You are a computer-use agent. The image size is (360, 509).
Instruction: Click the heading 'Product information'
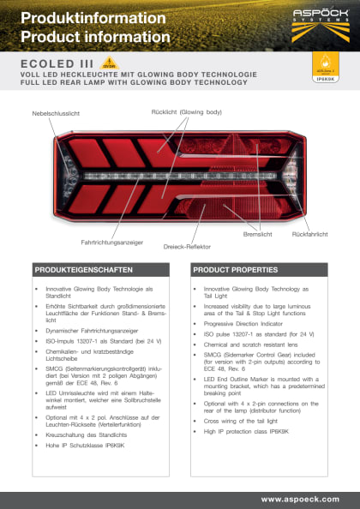(x=95, y=37)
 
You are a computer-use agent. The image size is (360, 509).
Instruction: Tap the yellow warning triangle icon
(x=109, y=63)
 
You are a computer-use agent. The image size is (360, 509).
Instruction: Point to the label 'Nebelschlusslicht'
(x=56, y=113)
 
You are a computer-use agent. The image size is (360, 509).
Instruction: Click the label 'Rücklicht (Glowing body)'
(x=186, y=112)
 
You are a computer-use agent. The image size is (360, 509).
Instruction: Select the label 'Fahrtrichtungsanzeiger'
(x=112, y=242)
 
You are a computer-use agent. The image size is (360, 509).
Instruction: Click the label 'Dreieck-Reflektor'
(x=188, y=246)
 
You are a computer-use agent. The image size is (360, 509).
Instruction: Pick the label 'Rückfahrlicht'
(x=310, y=234)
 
